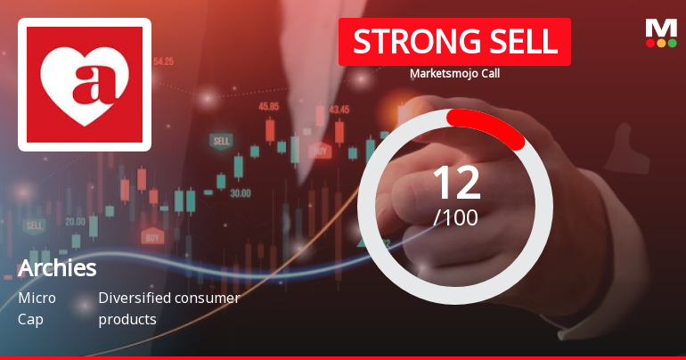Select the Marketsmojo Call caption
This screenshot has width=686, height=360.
pyautogui.click(x=454, y=74)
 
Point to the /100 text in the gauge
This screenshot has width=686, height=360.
pyautogui.click(x=455, y=217)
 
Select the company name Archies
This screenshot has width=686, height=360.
pyautogui.click(x=57, y=268)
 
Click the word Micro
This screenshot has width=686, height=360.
pyautogui.click(x=37, y=299)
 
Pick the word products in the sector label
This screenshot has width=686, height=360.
pyautogui.click(x=127, y=319)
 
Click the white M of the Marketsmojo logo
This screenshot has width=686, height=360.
pyautogui.click(x=660, y=29)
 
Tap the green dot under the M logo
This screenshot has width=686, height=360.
pyautogui.click(x=673, y=43)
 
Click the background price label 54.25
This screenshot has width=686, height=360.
pyautogui.click(x=163, y=61)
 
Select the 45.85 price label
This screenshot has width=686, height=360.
pyautogui.click(x=268, y=106)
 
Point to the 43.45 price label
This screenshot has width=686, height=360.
pyautogui.click(x=339, y=110)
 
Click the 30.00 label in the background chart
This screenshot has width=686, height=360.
pyautogui.click(x=240, y=192)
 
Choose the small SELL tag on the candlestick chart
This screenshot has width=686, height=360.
pyautogui.click(x=220, y=141)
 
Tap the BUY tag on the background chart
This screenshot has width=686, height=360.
pyautogui.click(x=152, y=237)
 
